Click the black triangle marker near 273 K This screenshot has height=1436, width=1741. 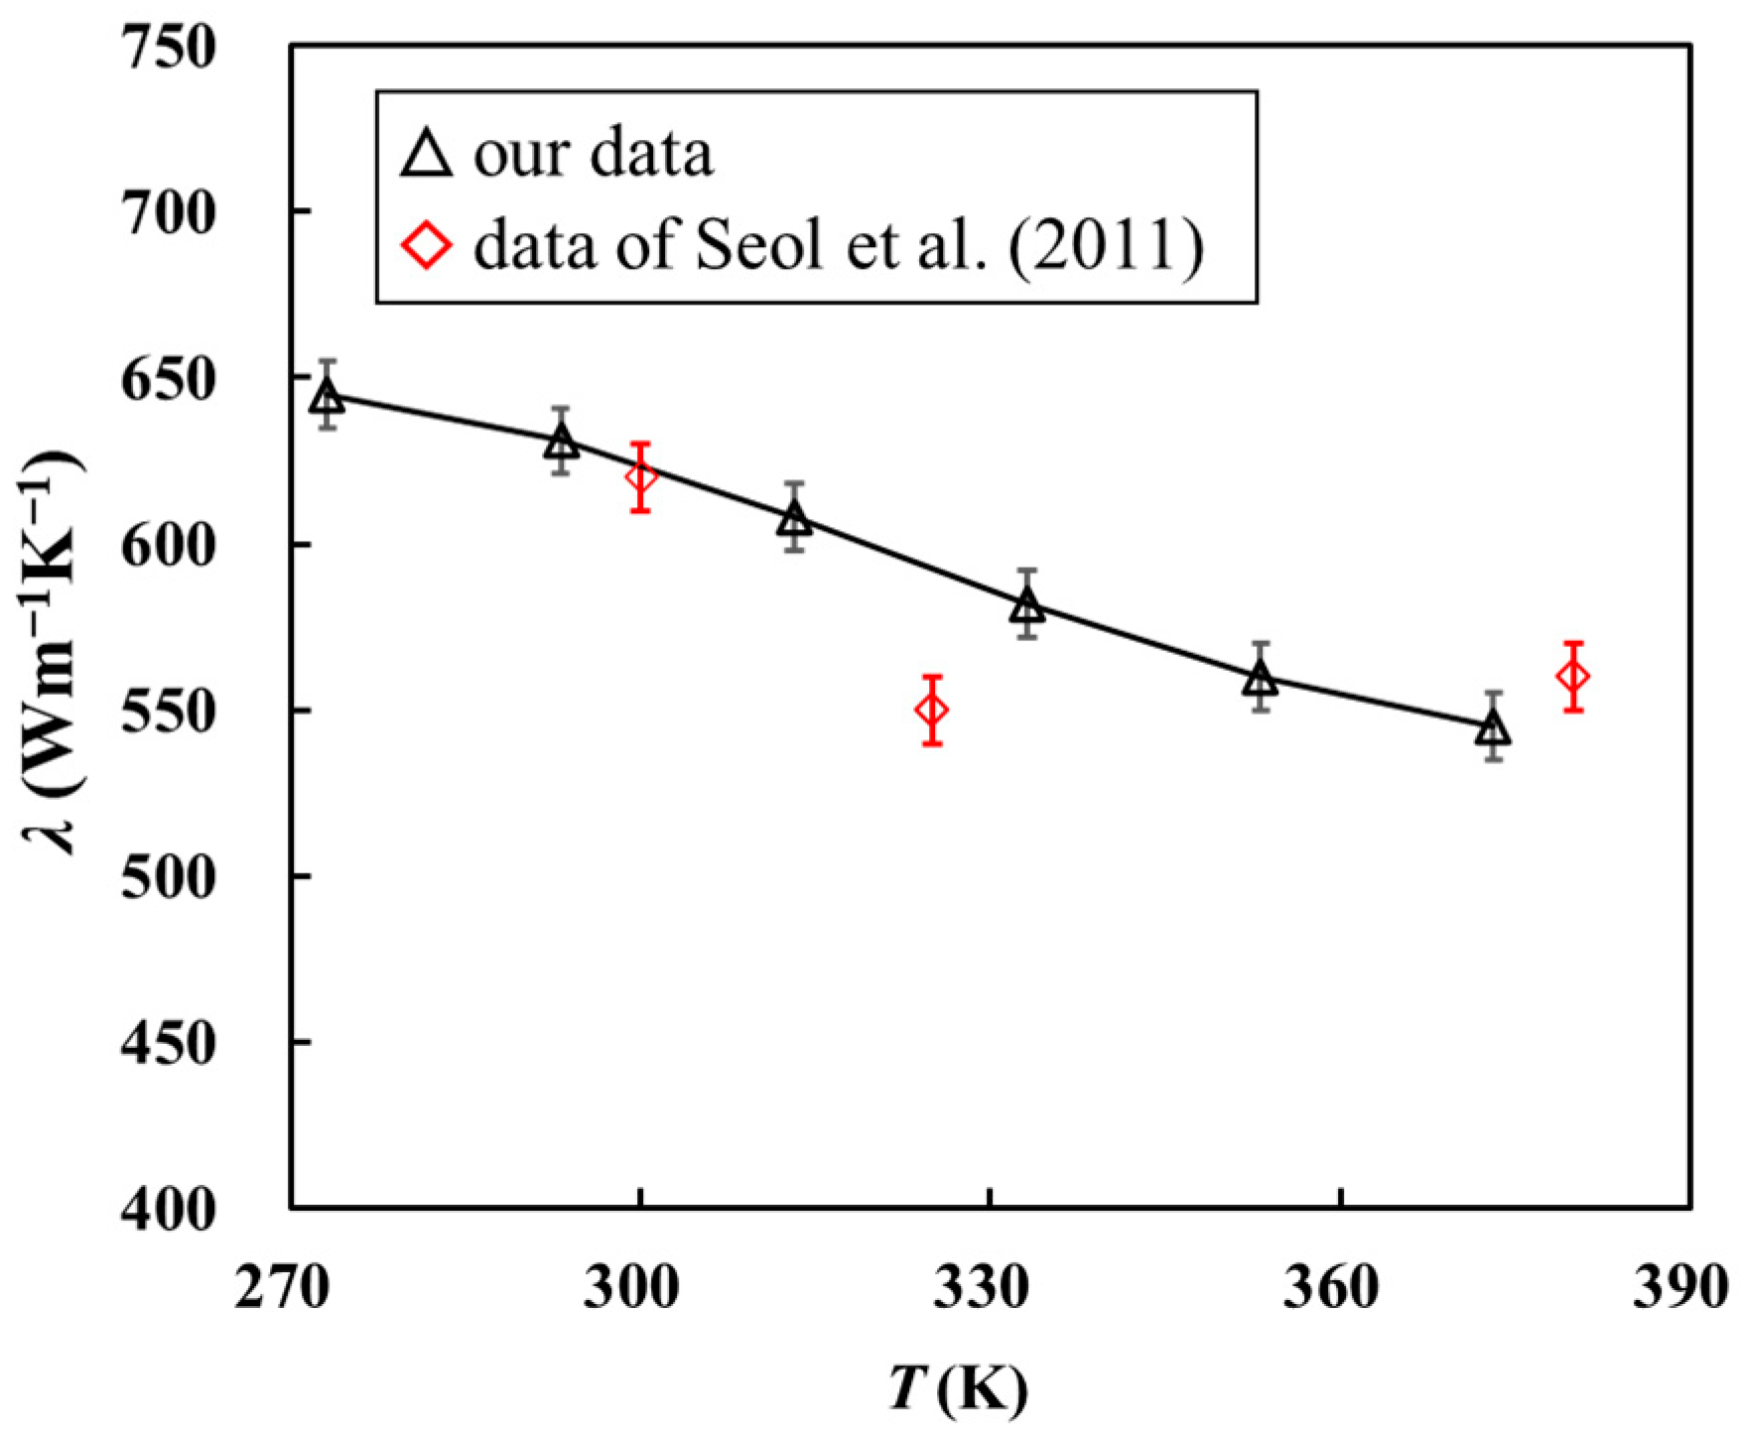(x=327, y=397)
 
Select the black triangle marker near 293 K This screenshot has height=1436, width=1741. (x=561, y=442)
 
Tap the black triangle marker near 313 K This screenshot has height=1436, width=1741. (x=794, y=518)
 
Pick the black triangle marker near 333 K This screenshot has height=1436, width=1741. (x=1027, y=604)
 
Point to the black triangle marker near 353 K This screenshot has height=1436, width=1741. (x=1261, y=679)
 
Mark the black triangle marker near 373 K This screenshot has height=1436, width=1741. (x=1493, y=729)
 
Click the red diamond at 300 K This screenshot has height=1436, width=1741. (x=640, y=477)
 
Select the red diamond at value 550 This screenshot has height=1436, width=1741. (x=931, y=711)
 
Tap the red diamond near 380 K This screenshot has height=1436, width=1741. (x=1573, y=677)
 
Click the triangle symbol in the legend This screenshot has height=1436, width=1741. (x=427, y=156)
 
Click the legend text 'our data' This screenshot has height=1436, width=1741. (x=594, y=156)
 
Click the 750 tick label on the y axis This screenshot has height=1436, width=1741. (x=167, y=48)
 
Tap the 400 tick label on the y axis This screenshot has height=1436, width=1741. (x=167, y=1209)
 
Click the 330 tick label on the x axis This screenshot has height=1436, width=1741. (x=990, y=1289)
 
